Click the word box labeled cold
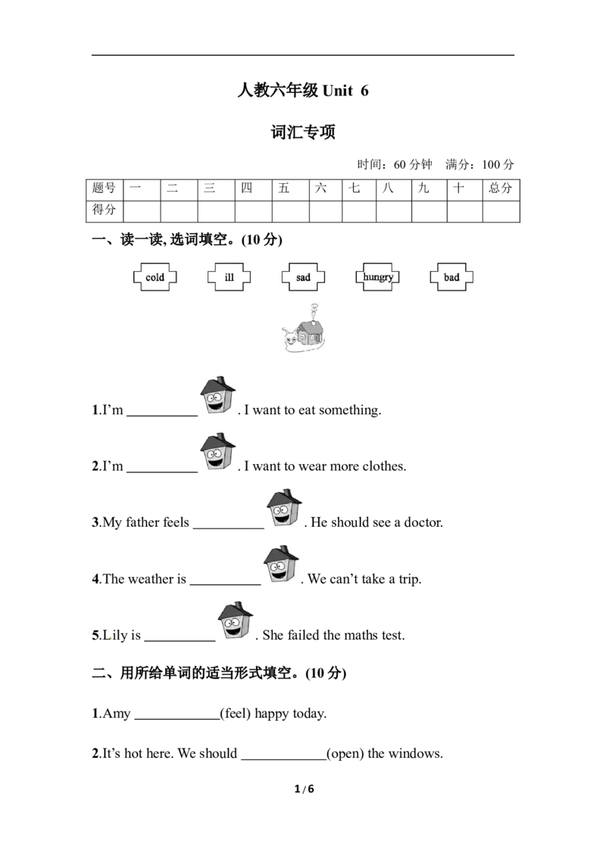(x=155, y=277)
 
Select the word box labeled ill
(x=230, y=277)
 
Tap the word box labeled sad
(x=303, y=277)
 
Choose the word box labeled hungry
(x=377, y=277)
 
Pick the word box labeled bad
(x=451, y=277)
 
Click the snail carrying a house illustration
(x=304, y=329)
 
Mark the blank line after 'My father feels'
(x=229, y=528)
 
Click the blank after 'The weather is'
(x=225, y=584)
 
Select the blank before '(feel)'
(x=177, y=719)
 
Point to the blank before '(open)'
(x=284, y=759)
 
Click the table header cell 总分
(x=501, y=190)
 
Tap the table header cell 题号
(x=105, y=190)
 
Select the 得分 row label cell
(x=105, y=211)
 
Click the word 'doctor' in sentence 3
(x=422, y=522)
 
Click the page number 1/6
(x=304, y=789)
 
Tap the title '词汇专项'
(x=303, y=132)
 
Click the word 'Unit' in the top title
(x=338, y=91)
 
